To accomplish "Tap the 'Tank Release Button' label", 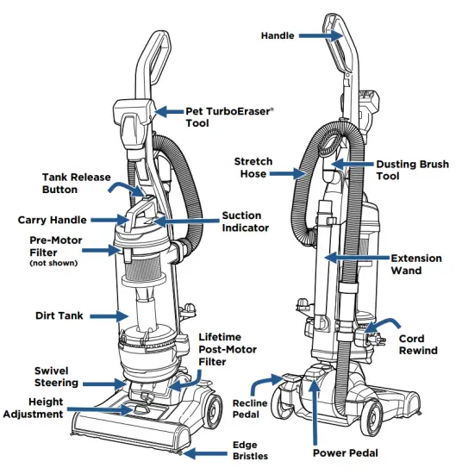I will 76,184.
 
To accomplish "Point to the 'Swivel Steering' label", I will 51,377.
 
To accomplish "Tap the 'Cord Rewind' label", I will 418,344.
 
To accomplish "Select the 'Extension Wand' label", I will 416,264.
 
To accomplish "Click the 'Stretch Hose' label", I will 253,166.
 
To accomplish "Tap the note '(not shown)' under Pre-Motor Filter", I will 53,263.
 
